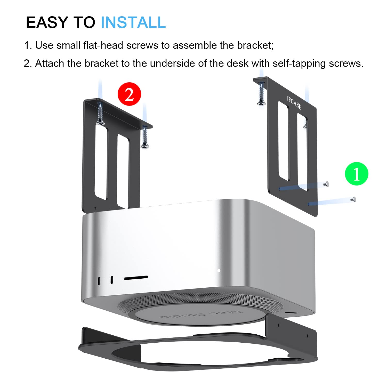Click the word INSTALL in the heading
pos(133,22)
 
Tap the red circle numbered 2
pos(129,94)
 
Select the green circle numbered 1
pos(357,174)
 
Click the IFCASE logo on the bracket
pos(294,102)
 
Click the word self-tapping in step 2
pos(299,63)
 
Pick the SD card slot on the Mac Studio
pos(136,278)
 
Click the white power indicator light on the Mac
pos(219,271)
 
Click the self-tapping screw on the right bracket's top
pos(262,94)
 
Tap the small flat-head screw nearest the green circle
pos(353,199)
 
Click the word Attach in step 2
pos(49,63)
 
